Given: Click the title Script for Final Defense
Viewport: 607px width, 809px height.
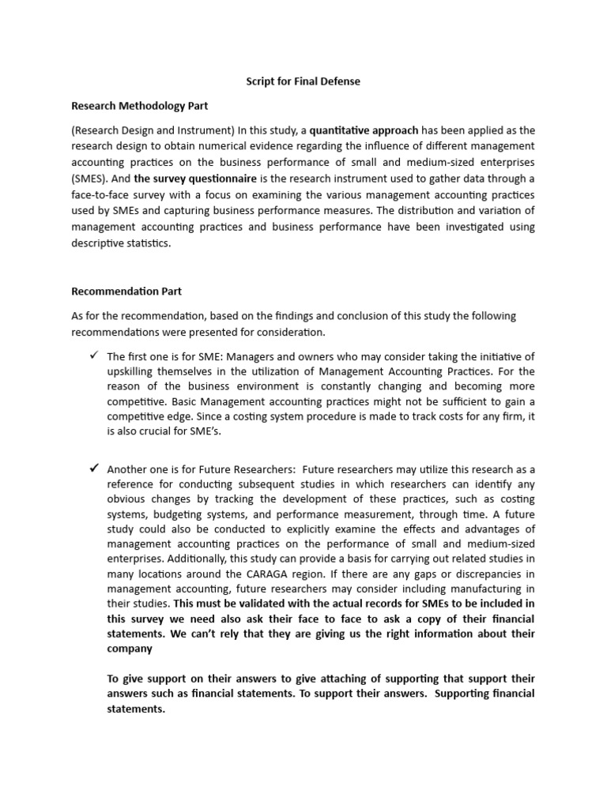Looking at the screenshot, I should pos(303,81).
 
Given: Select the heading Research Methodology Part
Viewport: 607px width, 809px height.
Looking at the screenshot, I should pos(140,104).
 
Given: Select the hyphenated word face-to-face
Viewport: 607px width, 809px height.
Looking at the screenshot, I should pos(103,194).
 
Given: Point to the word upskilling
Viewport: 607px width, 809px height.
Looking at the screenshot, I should pos(135,371).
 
